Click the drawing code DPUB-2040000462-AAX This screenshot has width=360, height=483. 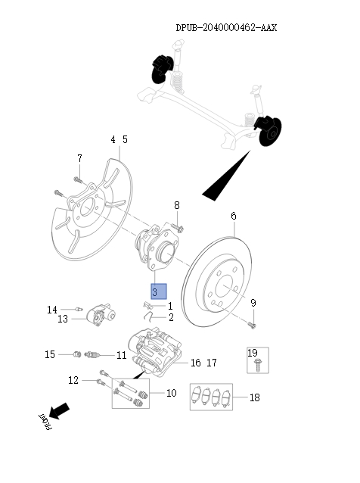click(226, 28)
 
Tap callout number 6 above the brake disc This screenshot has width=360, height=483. click(234, 217)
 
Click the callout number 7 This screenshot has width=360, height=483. click(79, 157)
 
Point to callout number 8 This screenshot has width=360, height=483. click(177, 205)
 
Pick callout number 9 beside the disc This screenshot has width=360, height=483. click(253, 304)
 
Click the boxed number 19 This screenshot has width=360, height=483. click(253, 353)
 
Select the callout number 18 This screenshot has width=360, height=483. click(253, 397)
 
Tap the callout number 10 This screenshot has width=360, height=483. click(171, 393)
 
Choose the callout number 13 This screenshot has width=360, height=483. click(62, 319)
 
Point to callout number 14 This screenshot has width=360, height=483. click(52, 310)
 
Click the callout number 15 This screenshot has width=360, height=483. click(49, 354)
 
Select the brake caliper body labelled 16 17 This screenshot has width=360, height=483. click(154, 351)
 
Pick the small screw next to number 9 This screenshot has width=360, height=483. click(251, 325)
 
